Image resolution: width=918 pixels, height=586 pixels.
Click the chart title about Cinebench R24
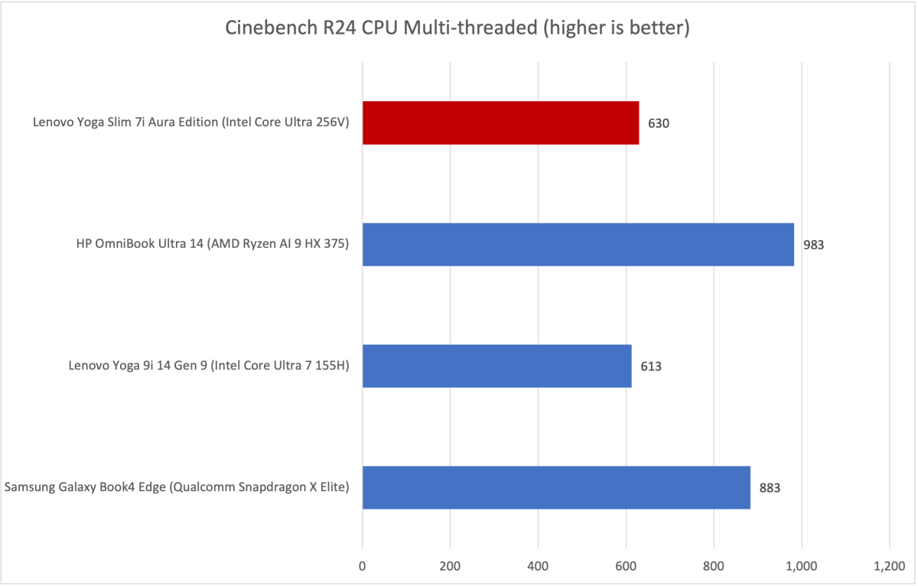tap(457, 29)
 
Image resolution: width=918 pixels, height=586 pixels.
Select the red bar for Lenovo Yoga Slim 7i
tap(500, 122)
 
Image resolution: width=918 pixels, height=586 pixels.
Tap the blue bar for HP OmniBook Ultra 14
tap(578, 244)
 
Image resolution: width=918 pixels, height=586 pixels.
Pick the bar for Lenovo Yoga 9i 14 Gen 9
tap(496, 366)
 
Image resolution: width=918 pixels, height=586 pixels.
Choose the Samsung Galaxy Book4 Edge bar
tap(556, 487)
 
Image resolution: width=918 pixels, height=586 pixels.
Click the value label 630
tap(659, 123)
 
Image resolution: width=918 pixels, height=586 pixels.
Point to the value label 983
tap(814, 245)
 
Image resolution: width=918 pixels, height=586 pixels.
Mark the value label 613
tap(651, 366)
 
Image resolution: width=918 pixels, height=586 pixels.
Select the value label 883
tap(770, 488)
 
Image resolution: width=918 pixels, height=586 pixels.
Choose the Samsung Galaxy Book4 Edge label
tap(177, 487)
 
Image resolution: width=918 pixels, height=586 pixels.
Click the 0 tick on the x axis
tap(363, 567)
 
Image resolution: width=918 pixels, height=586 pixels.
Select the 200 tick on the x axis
tap(450, 567)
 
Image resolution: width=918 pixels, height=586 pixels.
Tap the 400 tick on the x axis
tap(538, 567)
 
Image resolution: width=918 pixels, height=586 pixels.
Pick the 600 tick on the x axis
tap(626, 567)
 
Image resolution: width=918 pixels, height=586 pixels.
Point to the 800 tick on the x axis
tap(714, 567)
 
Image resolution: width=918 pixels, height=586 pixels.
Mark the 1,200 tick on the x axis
tap(889, 567)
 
